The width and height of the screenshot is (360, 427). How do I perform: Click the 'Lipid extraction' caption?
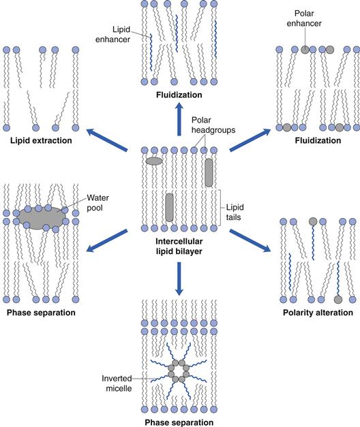coord(41,140)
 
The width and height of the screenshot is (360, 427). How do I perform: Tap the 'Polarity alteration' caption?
coord(318,313)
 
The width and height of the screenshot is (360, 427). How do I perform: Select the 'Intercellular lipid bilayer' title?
coord(179,246)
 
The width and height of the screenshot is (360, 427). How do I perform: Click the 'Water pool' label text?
coord(97,203)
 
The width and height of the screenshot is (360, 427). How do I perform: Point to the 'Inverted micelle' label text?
coord(117,383)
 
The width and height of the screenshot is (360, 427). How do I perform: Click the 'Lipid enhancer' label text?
coord(112,34)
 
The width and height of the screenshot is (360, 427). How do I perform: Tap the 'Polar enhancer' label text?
coord(304,18)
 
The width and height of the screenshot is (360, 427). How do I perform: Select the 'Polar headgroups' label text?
coord(213,125)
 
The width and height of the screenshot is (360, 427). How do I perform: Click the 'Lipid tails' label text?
coord(235,212)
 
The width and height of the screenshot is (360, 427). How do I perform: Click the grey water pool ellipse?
coord(42,218)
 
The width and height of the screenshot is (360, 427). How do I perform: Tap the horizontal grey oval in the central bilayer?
coord(154,161)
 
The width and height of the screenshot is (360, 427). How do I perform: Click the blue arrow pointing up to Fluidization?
coord(179,119)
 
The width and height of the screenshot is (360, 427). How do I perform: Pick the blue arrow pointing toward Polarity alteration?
coord(250,240)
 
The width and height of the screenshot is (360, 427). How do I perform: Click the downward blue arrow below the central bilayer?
coord(179,279)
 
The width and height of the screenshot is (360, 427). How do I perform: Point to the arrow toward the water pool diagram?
coord(107,240)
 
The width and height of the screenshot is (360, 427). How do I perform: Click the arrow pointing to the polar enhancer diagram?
coord(250,140)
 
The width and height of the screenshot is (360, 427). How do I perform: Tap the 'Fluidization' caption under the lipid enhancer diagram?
coord(179,95)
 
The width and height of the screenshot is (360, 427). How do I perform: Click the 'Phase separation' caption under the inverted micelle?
coord(179,422)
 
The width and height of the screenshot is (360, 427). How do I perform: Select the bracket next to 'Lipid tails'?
coord(220,208)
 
